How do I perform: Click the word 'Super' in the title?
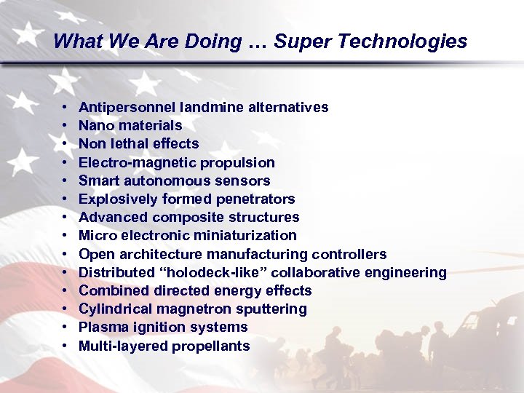pos(298,41)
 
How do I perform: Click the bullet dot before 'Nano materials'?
pos(66,126)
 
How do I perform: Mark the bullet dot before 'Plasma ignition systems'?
pos(66,327)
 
